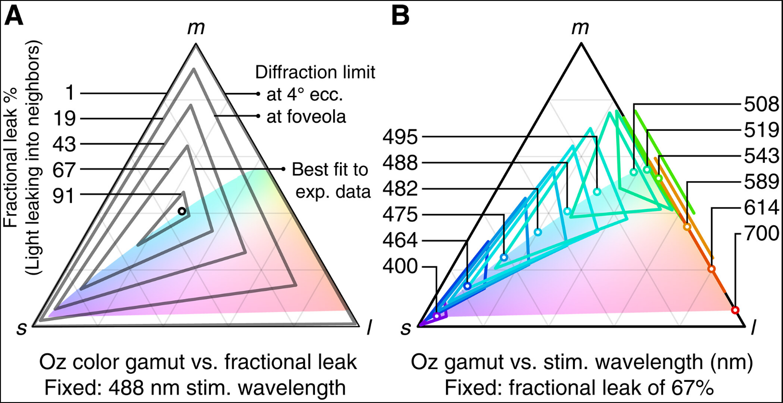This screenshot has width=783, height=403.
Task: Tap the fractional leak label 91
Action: click(x=64, y=195)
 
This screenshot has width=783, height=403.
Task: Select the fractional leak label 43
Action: click(x=64, y=144)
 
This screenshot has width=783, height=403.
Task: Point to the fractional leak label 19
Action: click(x=64, y=118)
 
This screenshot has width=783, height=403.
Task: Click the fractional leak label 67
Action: click(x=64, y=170)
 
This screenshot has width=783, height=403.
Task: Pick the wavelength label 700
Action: click(x=761, y=234)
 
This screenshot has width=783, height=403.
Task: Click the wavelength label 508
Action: click(x=761, y=104)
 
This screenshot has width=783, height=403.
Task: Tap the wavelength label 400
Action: click(x=400, y=266)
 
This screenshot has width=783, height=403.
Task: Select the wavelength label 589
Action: click(x=761, y=182)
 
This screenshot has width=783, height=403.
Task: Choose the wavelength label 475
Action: click(x=400, y=215)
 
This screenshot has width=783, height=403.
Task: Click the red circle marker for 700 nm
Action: click(x=735, y=310)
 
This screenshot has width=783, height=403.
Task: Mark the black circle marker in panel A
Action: click(x=182, y=211)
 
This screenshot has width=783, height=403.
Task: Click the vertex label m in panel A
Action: click(x=196, y=28)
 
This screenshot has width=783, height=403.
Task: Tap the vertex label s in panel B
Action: click(x=406, y=328)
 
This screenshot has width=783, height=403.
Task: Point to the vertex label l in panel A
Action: click(x=369, y=328)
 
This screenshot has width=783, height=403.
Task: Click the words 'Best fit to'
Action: click(x=330, y=170)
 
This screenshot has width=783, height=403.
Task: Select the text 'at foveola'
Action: click(x=306, y=116)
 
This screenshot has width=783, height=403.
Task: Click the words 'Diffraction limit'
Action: click(x=315, y=72)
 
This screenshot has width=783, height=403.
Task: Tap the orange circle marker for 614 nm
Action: click(x=712, y=269)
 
